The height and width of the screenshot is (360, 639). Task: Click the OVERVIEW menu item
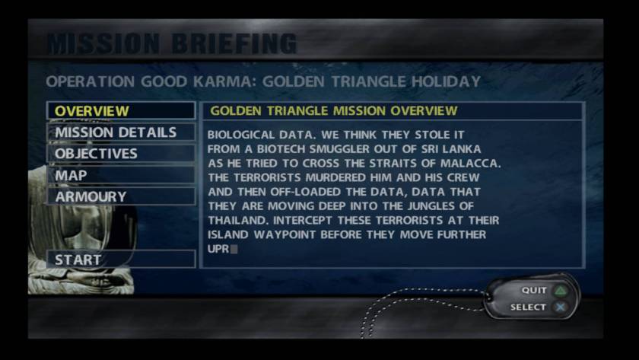point(121,110)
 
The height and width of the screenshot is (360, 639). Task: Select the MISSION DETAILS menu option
point(121,132)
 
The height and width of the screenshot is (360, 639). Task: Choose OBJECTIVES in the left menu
point(121,154)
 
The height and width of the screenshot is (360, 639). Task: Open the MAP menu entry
point(121,175)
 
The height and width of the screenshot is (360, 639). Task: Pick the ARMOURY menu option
point(121,196)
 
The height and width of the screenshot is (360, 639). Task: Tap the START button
point(121,260)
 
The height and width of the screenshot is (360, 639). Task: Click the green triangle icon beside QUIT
point(561,291)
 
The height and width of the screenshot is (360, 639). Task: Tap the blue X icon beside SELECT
point(561,307)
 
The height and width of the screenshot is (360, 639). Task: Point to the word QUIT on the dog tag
point(534,290)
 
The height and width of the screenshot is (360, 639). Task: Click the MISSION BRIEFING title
point(172,43)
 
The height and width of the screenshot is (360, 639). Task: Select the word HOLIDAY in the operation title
point(446,81)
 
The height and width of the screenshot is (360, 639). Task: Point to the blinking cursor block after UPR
point(234,249)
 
